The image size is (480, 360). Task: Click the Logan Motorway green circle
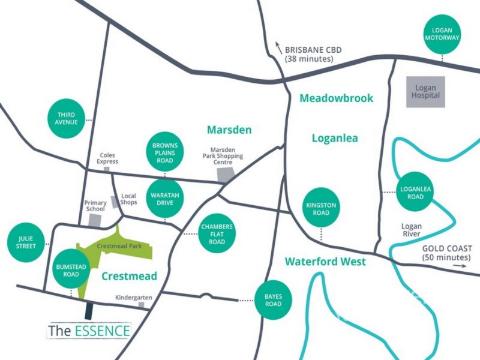pyautogui.click(x=442, y=34)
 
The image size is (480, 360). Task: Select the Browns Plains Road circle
pyautogui.click(x=165, y=152)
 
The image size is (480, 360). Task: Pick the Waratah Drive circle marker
pyautogui.click(x=165, y=198)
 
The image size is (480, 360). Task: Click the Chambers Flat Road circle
pyautogui.click(x=217, y=234)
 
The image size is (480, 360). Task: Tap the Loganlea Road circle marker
pyautogui.click(x=412, y=193)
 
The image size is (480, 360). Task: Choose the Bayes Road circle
pyautogui.click(x=274, y=300)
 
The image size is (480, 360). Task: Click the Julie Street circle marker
pyautogui.click(x=26, y=244)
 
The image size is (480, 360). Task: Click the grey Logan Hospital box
pyautogui.click(x=425, y=92)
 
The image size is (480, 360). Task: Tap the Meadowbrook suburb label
pyautogui.click(x=337, y=98)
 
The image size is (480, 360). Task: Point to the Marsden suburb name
pyautogui.click(x=229, y=130)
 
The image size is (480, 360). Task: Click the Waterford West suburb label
pyautogui.click(x=325, y=262)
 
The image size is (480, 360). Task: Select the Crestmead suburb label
pyautogui.click(x=129, y=276)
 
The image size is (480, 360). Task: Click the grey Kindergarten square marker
pyautogui.click(x=142, y=305)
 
